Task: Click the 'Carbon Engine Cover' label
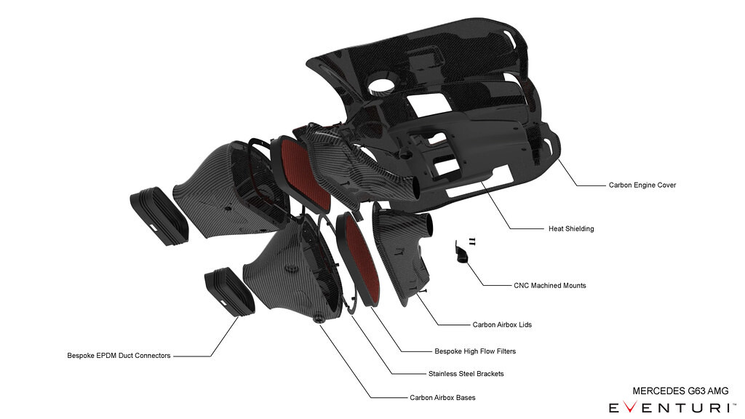pos(642,185)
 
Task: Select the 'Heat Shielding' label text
pos(570,229)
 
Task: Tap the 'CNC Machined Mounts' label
pos(549,286)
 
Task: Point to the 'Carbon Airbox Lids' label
pos(502,324)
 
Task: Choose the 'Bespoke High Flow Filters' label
pos(475,351)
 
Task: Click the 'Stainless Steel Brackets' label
pos(466,374)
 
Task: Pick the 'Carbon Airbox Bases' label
pos(442,398)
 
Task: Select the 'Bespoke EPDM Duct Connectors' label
pos(119,356)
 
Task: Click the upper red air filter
pos(300,173)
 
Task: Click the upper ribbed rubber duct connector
pos(159,218)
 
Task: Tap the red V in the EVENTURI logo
pos(632,407)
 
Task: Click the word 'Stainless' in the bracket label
pos(444,374)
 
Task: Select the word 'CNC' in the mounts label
pos(522,286)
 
